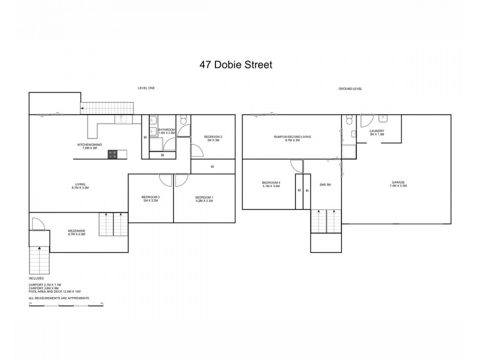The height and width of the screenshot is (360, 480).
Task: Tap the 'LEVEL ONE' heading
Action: pyautogui.click(x=146, y=88)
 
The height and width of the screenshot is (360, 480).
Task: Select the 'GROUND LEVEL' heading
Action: pyautogui.click(x=350, y=88)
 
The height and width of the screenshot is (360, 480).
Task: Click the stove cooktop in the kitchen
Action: pyautogui.click(x=112, y=154)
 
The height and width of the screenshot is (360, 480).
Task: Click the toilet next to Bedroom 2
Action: pyautogui.click(x=184, y=119)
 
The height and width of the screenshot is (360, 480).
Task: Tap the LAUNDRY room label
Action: pyautogui.click(x=377, y=133)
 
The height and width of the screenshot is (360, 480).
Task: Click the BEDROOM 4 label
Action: pyautogui.click(x=271, y=185)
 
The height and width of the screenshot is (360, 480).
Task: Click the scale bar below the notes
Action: pyautogui.click(x=67, y=305)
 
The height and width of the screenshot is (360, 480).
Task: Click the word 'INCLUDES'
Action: pyautogui.click(x=36, y=279)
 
